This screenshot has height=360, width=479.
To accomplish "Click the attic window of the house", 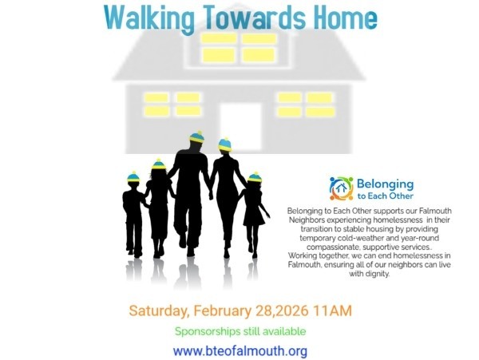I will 239,48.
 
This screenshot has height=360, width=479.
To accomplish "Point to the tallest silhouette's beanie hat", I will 196,138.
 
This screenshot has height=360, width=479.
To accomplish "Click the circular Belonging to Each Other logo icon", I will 341,188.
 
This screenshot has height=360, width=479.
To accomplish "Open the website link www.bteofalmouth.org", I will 240,350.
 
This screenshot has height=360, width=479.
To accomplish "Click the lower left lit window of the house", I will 172,105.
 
